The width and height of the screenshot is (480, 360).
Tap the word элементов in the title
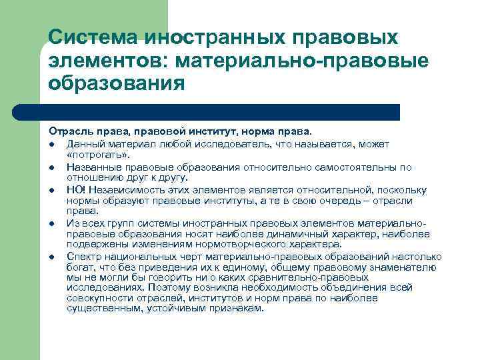(x=107, y=61)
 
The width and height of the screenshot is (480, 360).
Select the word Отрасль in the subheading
(x=67, y=132)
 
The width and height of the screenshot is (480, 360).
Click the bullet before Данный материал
(x=51, y=145)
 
